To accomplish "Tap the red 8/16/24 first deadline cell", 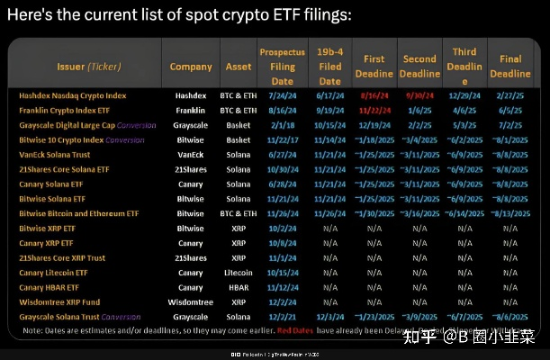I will (372, 94).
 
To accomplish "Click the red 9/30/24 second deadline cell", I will (419, 94).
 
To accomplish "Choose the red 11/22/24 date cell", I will (372, 109).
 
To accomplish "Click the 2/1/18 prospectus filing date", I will (282, 124).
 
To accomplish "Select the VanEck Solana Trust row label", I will (56, 154).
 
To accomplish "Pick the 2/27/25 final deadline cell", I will (510, 94).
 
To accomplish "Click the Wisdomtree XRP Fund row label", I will (59, 302).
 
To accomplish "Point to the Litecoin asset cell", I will (239, 273).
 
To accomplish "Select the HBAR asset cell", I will (239, 287).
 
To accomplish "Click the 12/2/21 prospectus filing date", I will (282, 317).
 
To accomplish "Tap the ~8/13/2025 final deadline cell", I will (510, 213).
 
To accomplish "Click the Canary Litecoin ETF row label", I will (54, 273).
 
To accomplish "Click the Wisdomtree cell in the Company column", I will (190, 302).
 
